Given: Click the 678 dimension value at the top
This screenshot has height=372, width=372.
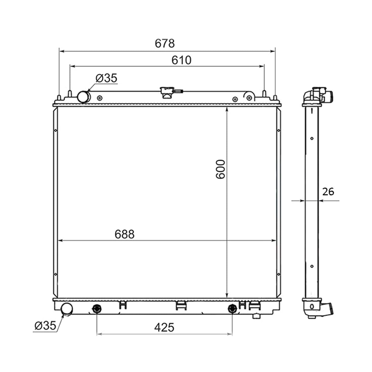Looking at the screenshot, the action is (165, 43).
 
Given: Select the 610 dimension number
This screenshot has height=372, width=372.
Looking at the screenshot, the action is (181, 60).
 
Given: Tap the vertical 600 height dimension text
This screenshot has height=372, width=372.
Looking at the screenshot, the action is (220, 169).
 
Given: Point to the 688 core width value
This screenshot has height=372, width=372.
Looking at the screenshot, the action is (125, 234).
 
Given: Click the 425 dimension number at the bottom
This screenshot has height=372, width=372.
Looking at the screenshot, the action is (164, 327).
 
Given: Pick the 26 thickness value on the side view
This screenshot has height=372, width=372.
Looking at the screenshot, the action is (328, 192).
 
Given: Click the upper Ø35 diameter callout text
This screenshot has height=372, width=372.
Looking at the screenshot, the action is (106, 78).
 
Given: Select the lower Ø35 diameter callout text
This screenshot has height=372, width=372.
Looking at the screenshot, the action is (45, 325).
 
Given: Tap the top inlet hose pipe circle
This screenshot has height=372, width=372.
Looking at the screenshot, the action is (83, 97).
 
